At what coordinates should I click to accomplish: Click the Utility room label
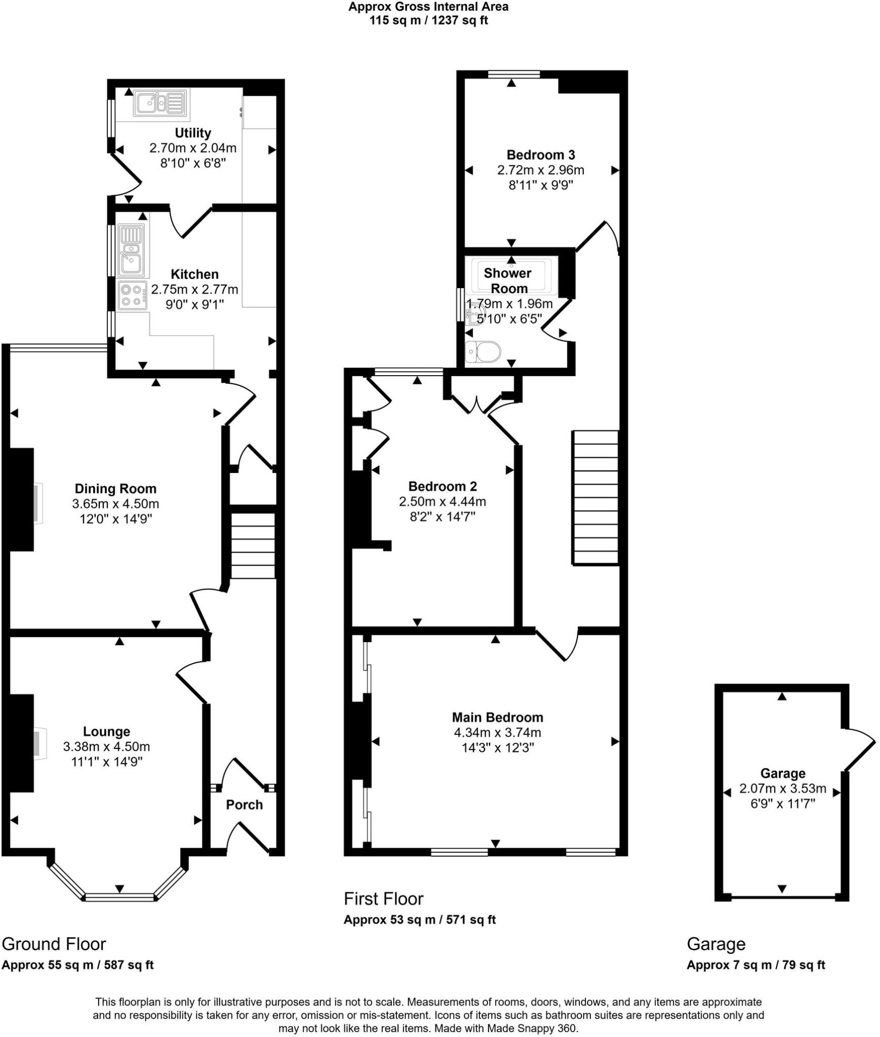pos(192,133)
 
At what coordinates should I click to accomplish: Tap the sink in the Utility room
pos(159,103)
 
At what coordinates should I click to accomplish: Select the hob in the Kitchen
pos(132,295)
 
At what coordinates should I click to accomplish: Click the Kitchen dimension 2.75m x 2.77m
pos(194,290)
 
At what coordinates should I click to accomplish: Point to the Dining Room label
pos(115,489)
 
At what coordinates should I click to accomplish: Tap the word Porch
pos(244,805)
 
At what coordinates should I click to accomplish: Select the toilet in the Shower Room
pos(484,351)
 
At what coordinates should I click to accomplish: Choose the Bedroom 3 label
pos(540,155)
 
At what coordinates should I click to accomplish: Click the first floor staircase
pos(595,497)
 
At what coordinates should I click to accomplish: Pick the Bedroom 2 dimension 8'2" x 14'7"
pos(442,517)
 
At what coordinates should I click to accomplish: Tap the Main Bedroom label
pos(497,717)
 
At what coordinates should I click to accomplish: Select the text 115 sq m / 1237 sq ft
pos(428,21)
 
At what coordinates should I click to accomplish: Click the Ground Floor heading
pos(54,944)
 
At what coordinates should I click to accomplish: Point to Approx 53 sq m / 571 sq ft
pos(419,920)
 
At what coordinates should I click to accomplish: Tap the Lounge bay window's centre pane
pos(119,897)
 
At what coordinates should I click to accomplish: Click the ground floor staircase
pos(253,545)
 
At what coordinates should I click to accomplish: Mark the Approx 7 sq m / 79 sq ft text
pos(755,965)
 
